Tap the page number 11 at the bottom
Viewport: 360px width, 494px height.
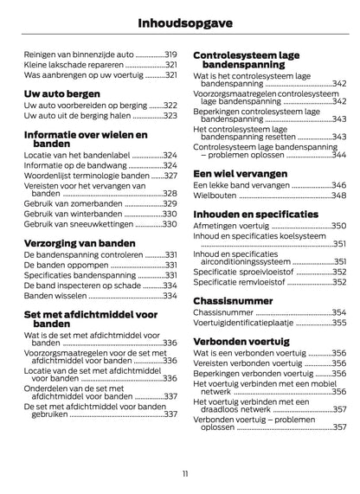coord(180,472)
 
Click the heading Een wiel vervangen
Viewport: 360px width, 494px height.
coord(240,171)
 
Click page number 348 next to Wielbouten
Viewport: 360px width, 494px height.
coord(339,196)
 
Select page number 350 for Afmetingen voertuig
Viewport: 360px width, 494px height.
coord(339,225)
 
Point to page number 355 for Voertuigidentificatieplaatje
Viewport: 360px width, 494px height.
coord(339,323)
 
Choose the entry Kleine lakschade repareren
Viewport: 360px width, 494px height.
coord(71,65)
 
